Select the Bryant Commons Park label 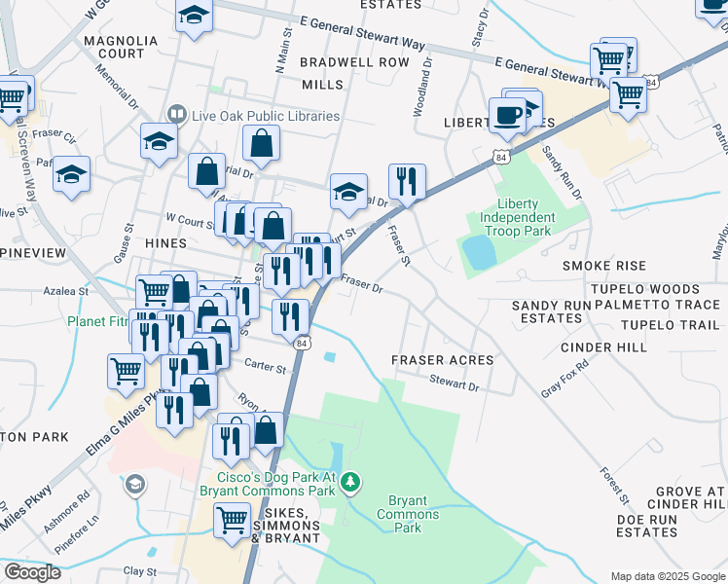[x=408, y=514]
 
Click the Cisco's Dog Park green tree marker [x=356, y=482]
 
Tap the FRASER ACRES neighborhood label [x=442, y=360]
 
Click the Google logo [x=32, y=572]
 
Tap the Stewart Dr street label [x=455, y=386]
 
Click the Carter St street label [x=265, y=368]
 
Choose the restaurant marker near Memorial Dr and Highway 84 [x=407, y=181]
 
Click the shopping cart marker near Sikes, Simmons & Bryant [x=233, y=522]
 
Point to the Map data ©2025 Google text [x=667, y=576]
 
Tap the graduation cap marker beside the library [x=160, y=142]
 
